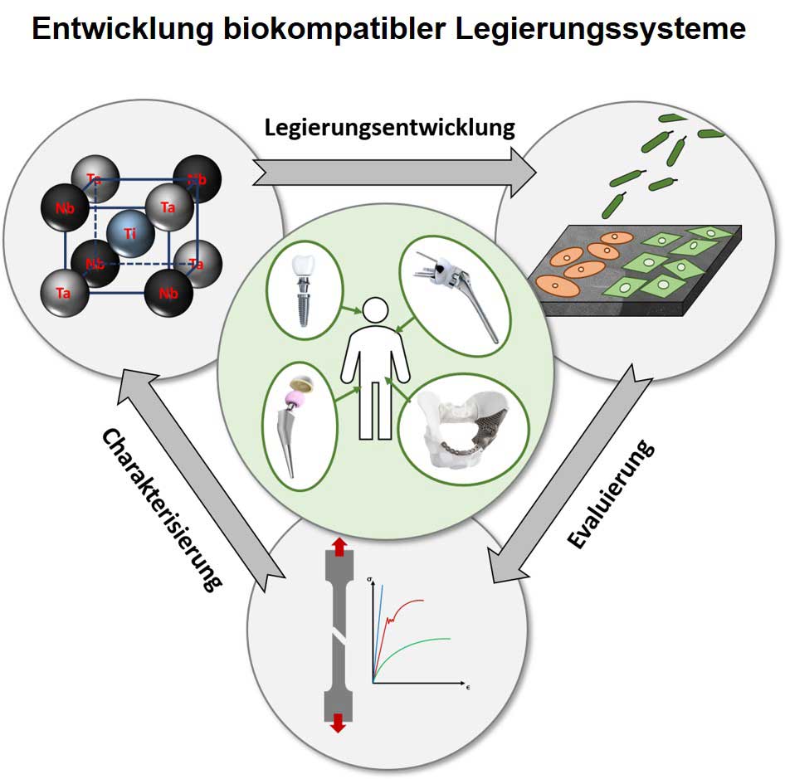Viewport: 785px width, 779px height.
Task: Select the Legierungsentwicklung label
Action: click(x=390, y=128)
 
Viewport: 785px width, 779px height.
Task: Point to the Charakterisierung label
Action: click(x=163, y=509)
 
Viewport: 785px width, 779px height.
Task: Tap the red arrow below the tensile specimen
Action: click(x=337, y=723)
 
